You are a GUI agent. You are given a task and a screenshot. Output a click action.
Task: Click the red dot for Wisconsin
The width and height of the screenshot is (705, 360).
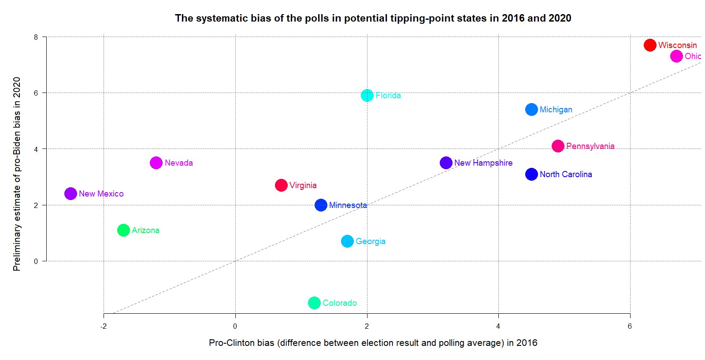650,45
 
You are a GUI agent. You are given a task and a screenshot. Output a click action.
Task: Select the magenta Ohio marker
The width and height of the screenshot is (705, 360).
676,56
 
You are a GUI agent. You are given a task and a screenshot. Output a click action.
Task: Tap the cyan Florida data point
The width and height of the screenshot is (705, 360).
367,95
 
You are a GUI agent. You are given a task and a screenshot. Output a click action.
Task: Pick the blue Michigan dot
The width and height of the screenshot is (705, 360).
531,109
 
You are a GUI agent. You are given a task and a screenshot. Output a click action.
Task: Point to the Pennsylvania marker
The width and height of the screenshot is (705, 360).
558,146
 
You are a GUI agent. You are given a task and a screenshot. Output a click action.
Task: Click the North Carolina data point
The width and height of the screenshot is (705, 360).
531,174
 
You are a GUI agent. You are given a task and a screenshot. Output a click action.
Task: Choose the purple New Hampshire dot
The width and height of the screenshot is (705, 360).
446,163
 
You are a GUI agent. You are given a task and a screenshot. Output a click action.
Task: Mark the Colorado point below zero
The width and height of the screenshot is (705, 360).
314,303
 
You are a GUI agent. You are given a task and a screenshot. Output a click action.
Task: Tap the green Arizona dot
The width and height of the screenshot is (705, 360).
123,230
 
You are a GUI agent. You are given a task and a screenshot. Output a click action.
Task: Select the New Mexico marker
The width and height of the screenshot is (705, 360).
70,193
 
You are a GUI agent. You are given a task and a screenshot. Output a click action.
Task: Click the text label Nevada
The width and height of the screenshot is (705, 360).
178,163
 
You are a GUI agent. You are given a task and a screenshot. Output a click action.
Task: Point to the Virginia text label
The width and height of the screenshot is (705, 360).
303,186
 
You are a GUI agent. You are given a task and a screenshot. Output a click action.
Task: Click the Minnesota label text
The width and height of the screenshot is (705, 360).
348,205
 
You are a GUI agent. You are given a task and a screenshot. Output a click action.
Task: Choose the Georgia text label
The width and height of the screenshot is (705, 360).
370,241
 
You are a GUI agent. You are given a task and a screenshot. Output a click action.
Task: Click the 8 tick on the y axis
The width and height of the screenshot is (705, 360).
36,37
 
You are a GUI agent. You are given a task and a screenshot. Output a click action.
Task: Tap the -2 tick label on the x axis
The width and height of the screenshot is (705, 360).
104,327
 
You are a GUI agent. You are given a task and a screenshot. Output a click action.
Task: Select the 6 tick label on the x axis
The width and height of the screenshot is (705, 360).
630,327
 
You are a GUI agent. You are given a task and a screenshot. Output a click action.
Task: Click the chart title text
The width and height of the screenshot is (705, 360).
373,18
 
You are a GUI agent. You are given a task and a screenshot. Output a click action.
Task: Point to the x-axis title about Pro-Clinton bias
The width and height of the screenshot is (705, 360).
373,343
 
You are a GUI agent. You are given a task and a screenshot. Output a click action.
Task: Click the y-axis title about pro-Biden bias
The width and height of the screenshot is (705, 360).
17,174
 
